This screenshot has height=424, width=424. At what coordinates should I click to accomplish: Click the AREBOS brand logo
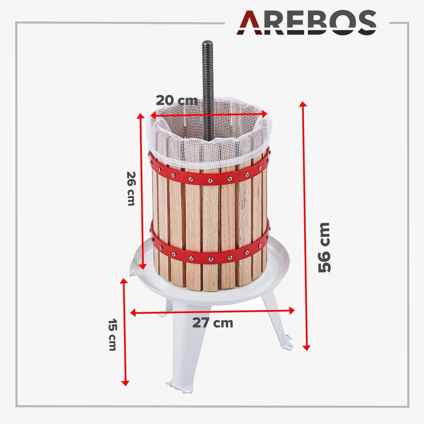(306, 22)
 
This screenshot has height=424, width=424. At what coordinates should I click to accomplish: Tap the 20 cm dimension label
(177, 100)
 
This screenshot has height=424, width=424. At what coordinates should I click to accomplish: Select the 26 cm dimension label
(131, 189)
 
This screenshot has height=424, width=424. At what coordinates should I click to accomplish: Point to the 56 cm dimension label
(324, 248)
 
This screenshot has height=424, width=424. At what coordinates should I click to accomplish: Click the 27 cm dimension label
(213, 323)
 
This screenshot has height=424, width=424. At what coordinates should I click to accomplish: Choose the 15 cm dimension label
(113, 335)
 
